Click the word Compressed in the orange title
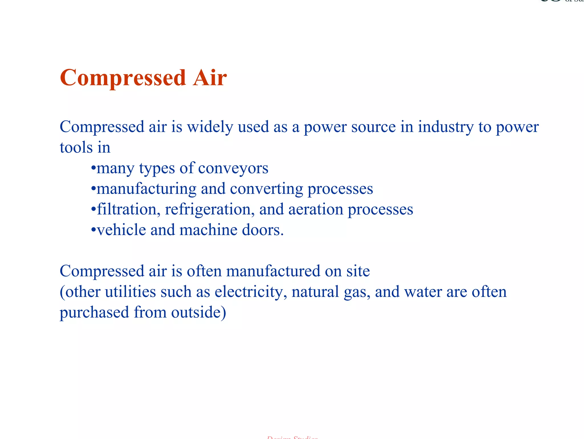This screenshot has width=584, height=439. click(123, 78)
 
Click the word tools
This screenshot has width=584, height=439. click(76, 147)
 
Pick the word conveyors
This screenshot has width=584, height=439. click(233, 168)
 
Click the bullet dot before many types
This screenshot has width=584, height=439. click(93, 168)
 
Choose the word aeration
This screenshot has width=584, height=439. click(316, 209)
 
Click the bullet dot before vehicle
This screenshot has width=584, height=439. click(93, 230)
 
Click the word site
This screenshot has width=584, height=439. click(358, 271)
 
